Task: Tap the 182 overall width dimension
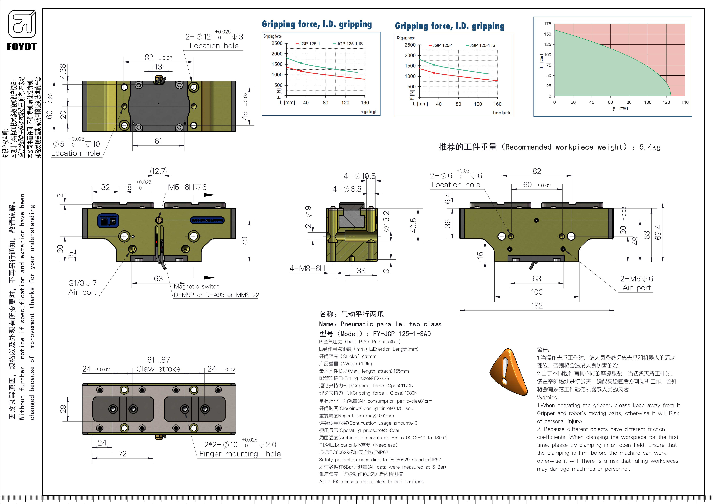[x=537, y=306]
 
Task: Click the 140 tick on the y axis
[x=685, y=102]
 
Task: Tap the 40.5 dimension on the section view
[x=413, y=225]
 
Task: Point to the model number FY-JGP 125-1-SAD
[x=402, y=334]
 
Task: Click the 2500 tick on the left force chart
[x=277, y=43]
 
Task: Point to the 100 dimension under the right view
[x=537, y=292]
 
